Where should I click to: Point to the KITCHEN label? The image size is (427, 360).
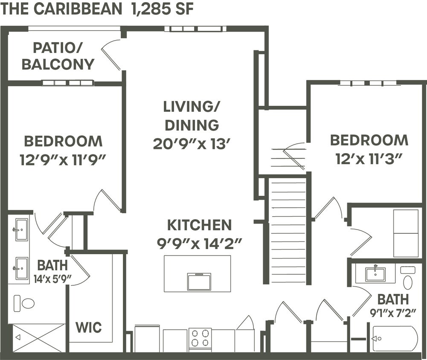(199, 225)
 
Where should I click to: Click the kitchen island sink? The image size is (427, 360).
(199, 282)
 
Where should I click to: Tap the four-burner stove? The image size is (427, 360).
(200, 338)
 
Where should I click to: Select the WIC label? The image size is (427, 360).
(89, 328)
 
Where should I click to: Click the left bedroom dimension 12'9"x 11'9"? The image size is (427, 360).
(63, 160)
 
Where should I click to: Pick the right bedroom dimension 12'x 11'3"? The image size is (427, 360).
(369, 159)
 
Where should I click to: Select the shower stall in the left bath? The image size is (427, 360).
(38, 338)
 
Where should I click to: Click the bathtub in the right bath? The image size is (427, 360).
(395, 338)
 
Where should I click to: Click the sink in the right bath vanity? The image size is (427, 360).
(375, 274)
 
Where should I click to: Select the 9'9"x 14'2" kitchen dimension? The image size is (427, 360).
(199, 244)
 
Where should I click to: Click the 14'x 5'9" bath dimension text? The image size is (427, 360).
(52, 279)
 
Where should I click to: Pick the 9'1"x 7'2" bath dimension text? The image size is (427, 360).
(392, 313)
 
